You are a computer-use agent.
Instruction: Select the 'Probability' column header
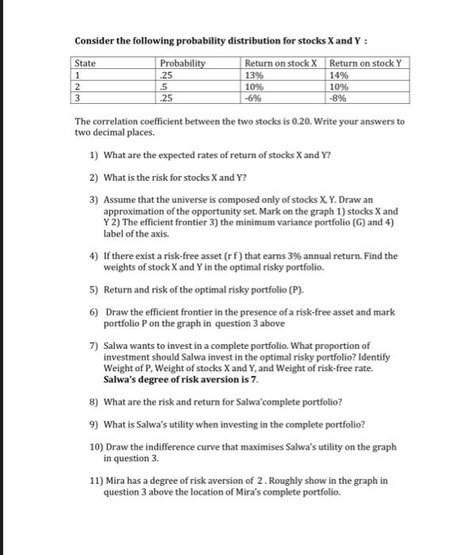point(182,63)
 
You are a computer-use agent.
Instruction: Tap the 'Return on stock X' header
point(280,63)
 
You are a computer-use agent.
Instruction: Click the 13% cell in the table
point(254,75)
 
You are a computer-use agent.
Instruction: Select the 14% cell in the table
point(339,75)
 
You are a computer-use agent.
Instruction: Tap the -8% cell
point(338,98)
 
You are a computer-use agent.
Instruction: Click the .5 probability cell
point(164,86)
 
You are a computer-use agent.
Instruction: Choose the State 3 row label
point(78,98)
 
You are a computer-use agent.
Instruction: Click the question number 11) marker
point(96,480)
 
